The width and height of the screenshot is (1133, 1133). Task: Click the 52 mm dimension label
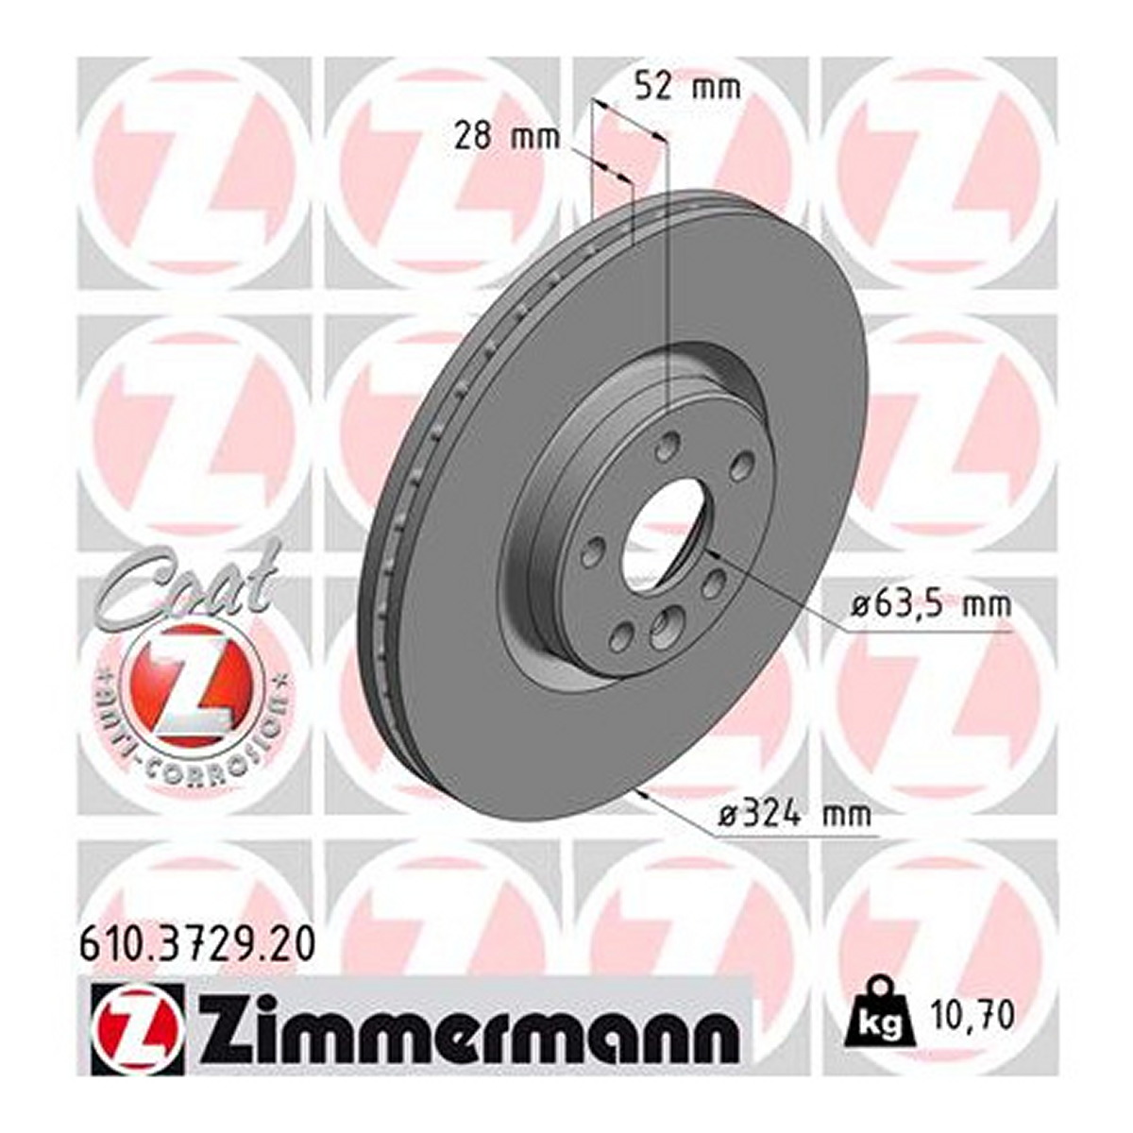pyautogui.click(x=689, y=88)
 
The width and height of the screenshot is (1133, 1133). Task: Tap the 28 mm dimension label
pyautogui.click(x=506, y=141)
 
